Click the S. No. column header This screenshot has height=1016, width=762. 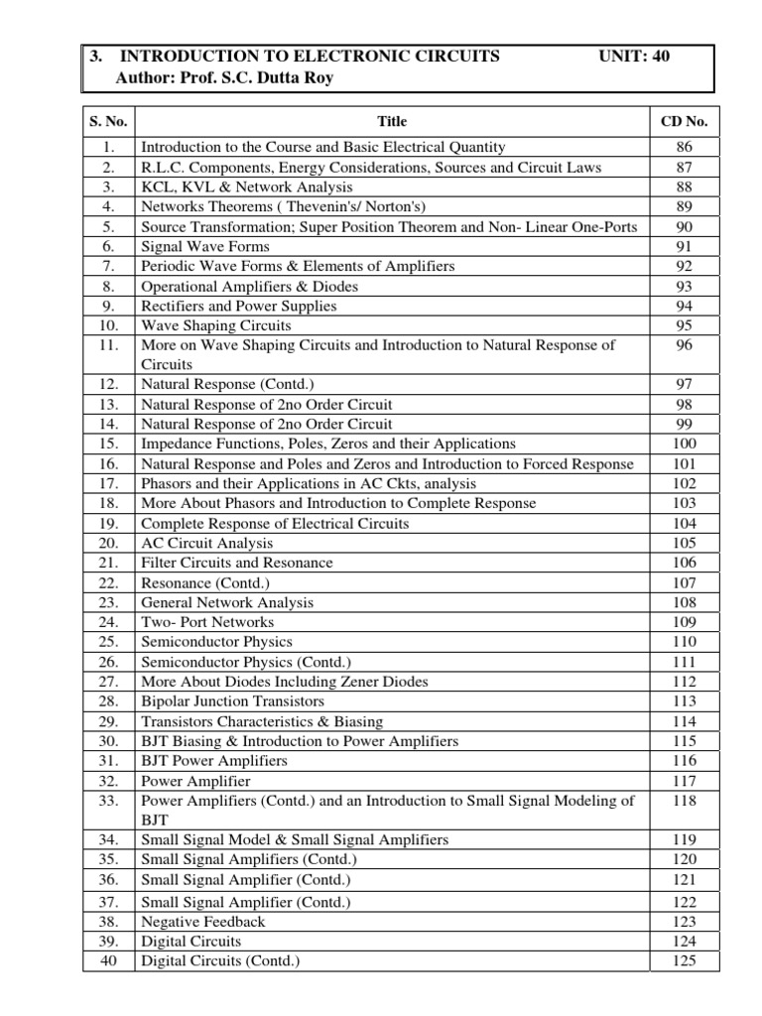[x=108, y=121]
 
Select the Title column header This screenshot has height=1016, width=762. [x=392, y=121]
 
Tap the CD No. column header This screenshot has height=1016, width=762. [x=684, y=121]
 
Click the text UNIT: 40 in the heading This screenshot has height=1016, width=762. [x=635, y=57]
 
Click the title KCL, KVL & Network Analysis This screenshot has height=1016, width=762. [x=247, y=187]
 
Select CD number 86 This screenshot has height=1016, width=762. [x=684, y=147]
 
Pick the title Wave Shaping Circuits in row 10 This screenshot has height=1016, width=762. [x=216, y=325]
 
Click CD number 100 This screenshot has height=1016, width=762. [x=684, y=444]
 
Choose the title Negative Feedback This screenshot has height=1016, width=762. [x=203, y=921]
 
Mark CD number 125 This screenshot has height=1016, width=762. [x=684, y=960]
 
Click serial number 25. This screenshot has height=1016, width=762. [x=109, y=642]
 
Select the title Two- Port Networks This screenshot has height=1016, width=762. [x=207, y=622]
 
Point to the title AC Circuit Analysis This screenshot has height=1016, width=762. [x=206, y=543]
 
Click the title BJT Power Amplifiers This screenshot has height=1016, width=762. [x=214, y=761]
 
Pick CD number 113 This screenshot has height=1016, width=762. [x=684, y=701]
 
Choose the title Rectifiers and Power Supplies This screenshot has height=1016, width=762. [x=239, y=306]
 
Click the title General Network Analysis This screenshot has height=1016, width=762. [x=227, y=602]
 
